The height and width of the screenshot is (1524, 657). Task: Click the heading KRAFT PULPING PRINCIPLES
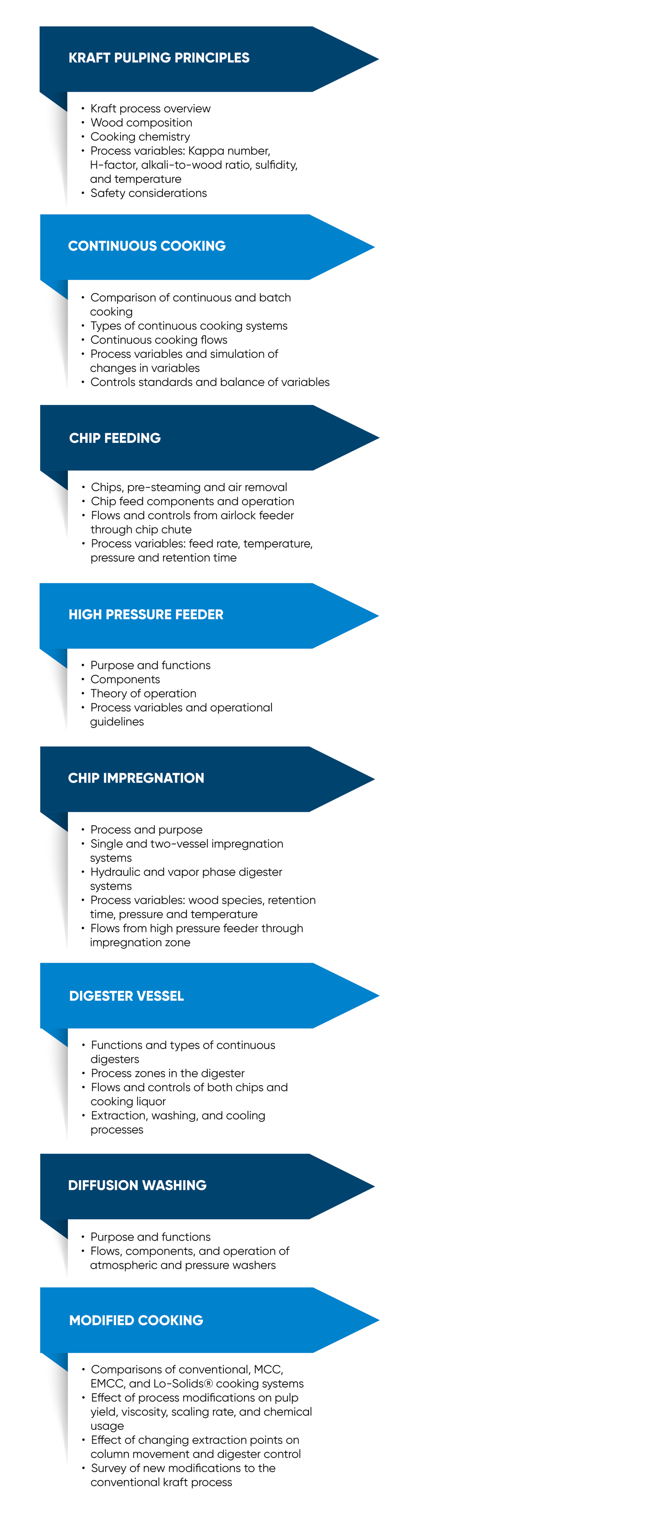pyautogui.click(x=159, y=58)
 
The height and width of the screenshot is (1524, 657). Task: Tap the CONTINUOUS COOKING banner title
pyautogui.click(x=147, y=246)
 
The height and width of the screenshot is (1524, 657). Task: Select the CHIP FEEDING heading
pyautogui.click(x=115, y=439)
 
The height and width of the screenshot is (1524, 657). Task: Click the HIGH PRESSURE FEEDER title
pyautogui.click(x=146, y=615)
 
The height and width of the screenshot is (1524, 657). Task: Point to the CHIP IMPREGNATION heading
pyautogui.click(x=136, y=778)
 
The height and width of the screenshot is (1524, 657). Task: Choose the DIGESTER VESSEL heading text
pyautogui.click(x=127, y=996)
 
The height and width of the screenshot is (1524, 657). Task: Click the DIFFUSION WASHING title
pyautogui.click(x=137, y=1186)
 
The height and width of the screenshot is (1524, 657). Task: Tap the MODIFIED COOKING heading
pyautogui.click(x=136, y=1321)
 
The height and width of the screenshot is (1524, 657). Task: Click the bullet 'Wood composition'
pyautogui.click(x=141, y=122)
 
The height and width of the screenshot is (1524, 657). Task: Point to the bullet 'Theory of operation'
pyautogui.click(x=143, y=693)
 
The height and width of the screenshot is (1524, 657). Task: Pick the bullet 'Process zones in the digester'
pyautogui.click(x=167, y=1073)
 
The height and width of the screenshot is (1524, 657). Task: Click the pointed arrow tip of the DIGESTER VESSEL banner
pyautogui.click(x=379, y=996)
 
